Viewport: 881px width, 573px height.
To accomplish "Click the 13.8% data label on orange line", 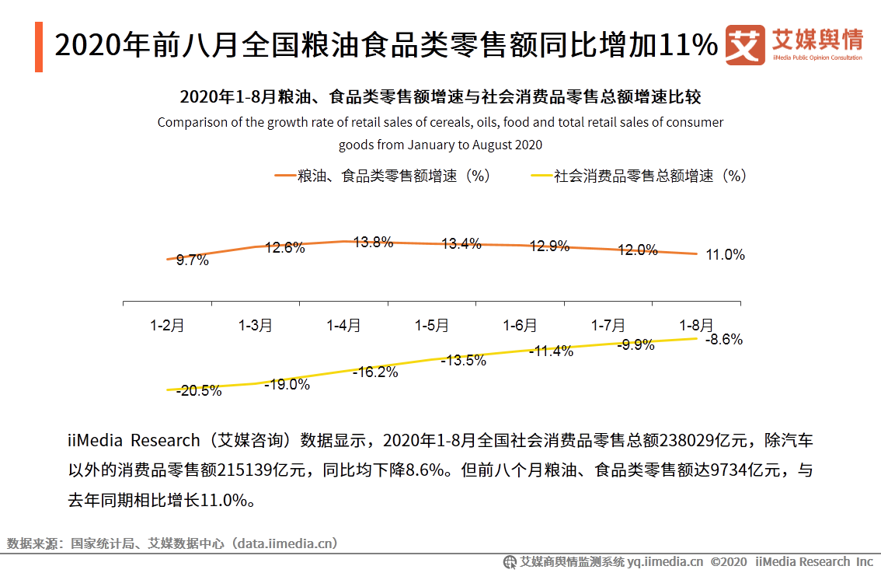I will (373, 242).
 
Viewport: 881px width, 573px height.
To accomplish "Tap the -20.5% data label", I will (199, 391).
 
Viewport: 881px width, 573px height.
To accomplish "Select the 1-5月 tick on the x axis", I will (431, 326).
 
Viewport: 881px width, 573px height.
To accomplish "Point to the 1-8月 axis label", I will (696, 326).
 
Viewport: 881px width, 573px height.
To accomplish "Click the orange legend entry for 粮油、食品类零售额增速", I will (382, 176).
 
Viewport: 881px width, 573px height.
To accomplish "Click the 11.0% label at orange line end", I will (725, 255).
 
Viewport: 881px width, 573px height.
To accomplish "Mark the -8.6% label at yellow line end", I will (724, 340).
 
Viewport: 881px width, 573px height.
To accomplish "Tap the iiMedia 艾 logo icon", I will (744, 46).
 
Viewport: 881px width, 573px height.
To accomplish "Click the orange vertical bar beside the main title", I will (39, 47).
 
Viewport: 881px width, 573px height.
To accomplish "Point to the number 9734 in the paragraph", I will (727, 470).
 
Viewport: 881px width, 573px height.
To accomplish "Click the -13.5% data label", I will (463, 360).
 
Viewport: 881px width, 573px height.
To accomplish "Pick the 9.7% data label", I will (192, 260).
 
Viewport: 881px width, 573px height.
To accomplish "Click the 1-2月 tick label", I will (167, 326).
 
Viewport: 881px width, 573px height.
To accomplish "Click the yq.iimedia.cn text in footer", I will (665, 561).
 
